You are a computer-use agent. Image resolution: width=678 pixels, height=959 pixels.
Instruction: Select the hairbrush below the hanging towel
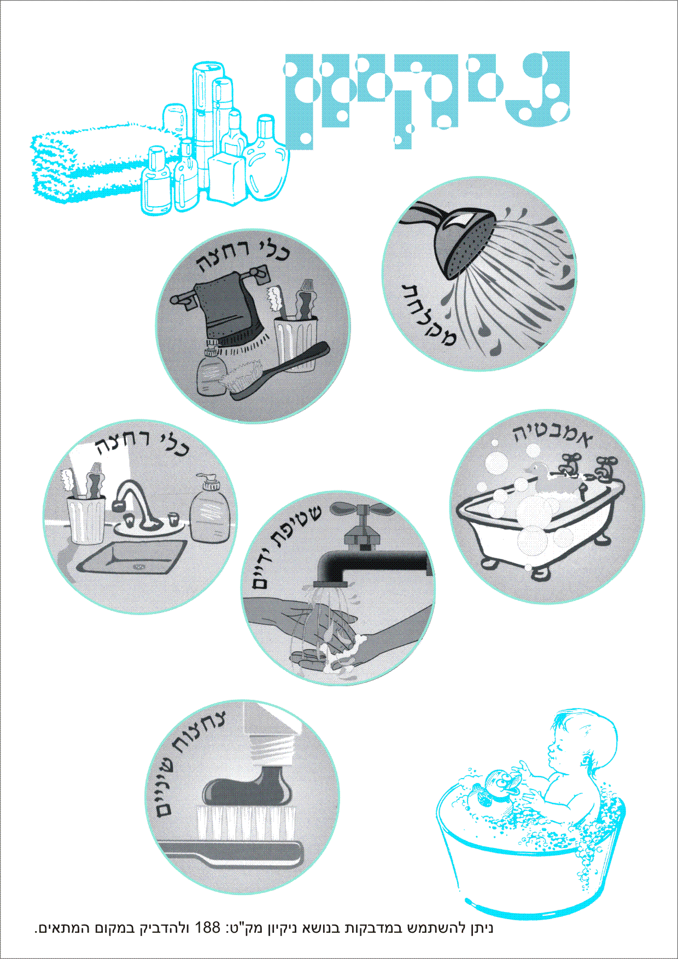pyautogui.click(x=276, y=370)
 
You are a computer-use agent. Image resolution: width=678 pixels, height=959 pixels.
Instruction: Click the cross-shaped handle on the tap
pyautogui.click(x=363, y=511)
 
